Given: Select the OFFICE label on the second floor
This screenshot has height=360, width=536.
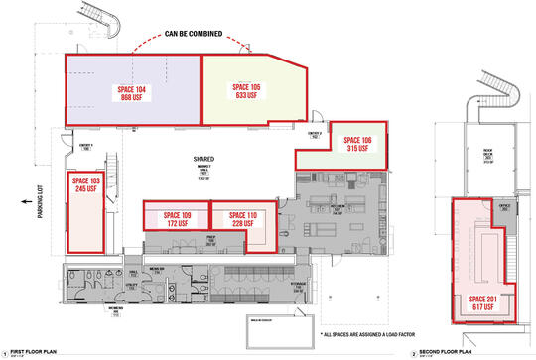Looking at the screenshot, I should click(503, 206).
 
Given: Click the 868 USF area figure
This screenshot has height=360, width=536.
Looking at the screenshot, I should click(133, 97).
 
